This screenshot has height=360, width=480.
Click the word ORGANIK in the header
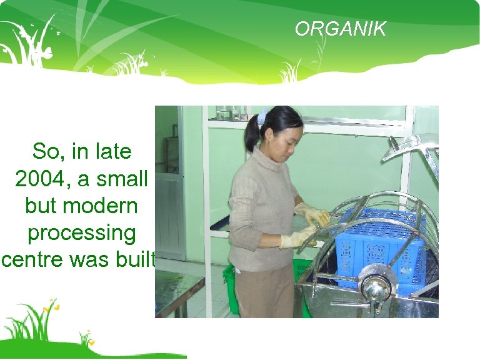tap(341, 29)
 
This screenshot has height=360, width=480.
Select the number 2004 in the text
tap(40, 179)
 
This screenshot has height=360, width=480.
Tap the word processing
tap(81, 232)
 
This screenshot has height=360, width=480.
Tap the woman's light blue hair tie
tap(262, 117)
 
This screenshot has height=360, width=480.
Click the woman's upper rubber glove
tap(312, 214)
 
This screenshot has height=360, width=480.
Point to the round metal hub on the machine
tap(374, 287)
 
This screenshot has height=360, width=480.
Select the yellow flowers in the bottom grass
tap(52, 307)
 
